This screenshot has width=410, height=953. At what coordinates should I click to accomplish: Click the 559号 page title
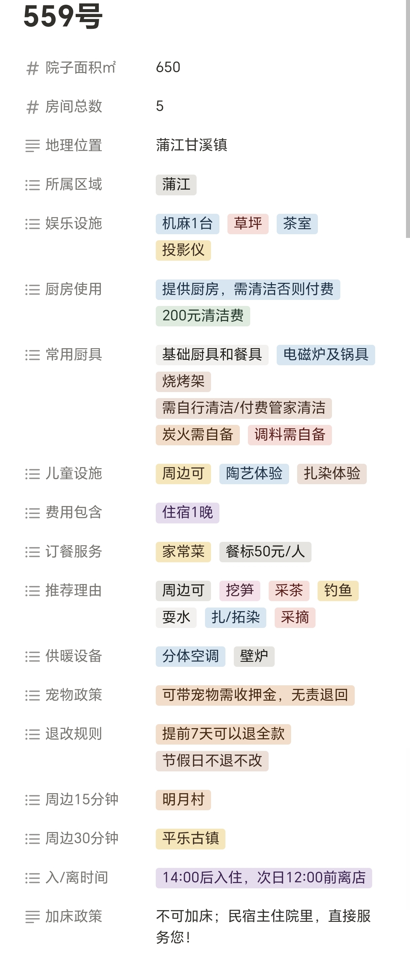click(63, 16)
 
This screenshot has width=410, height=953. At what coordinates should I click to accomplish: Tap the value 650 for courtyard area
click(168, 67)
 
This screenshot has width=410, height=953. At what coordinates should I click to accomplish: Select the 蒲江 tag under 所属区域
click(176, 185)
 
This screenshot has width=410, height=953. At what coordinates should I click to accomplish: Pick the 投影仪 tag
click(183, 250)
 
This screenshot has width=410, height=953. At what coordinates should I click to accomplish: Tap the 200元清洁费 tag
click(203, 316)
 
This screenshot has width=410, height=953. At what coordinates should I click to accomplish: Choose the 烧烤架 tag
click(183, 381)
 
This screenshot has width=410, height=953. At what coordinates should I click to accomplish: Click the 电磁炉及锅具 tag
click(325, 355)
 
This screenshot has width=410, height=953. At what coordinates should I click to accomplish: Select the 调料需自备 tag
click(289, 435)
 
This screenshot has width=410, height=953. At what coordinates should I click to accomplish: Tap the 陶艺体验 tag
click(254, 474)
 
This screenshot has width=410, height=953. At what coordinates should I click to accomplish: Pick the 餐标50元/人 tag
click(265, 552)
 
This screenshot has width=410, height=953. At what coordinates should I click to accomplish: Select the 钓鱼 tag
click(338, 591)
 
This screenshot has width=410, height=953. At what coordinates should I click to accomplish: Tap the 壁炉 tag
click(254, 656)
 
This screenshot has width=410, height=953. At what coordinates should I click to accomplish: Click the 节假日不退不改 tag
click(212, 761)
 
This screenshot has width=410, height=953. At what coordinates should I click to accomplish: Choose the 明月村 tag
click(183, 800)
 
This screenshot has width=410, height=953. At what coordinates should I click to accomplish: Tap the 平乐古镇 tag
click(190, 839)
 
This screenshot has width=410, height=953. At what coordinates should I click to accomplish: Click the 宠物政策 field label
click(73, 695)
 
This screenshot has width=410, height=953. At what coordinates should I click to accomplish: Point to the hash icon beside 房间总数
click(32, 107)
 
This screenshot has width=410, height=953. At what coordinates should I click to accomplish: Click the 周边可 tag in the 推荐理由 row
click(183, 591)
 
